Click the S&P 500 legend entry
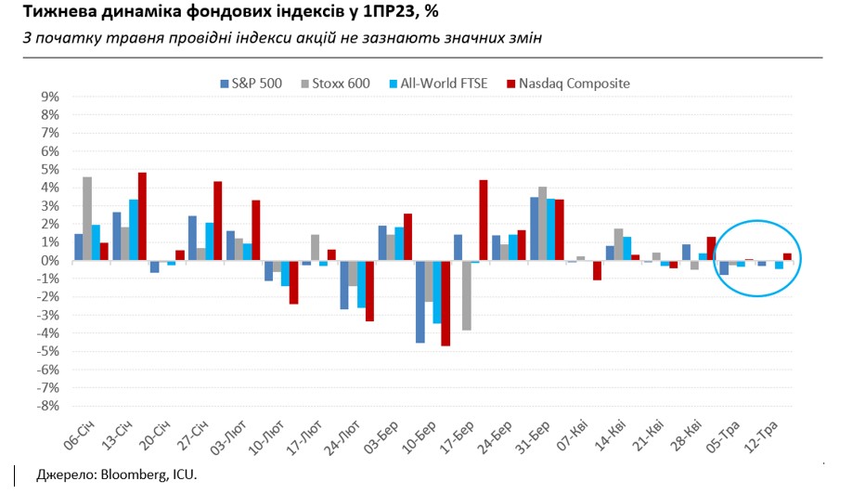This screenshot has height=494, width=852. click(252, 84)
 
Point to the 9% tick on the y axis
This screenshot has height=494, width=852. click(49, 97)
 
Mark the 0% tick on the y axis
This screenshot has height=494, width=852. click(49, 261)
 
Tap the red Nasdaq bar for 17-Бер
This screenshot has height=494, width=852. click(484, 220)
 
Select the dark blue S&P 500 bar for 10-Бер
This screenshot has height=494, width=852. click(420, 302)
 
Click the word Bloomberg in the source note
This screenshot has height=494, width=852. click(122, 474)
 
